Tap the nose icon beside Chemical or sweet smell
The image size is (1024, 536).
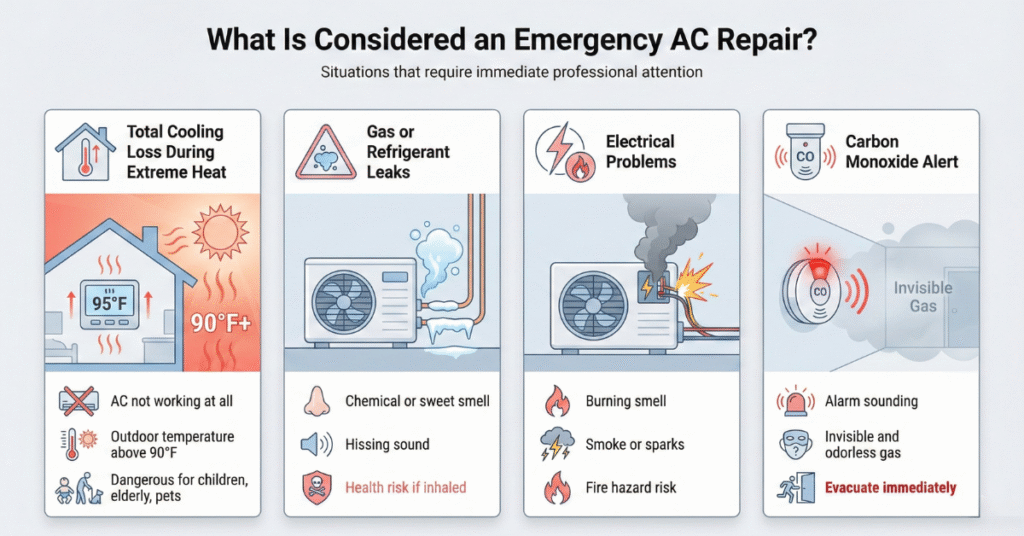click(315, 401)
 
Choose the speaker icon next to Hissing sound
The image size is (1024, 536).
click(314, 444)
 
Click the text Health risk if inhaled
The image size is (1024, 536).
click(405, 488)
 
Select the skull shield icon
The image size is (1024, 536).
click(315, 487)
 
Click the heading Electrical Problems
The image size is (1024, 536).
click(640, 152)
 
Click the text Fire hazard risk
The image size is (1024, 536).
click(631, 488)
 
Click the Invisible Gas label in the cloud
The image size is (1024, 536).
click(922, 297)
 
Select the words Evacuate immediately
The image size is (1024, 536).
click(890, 488)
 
